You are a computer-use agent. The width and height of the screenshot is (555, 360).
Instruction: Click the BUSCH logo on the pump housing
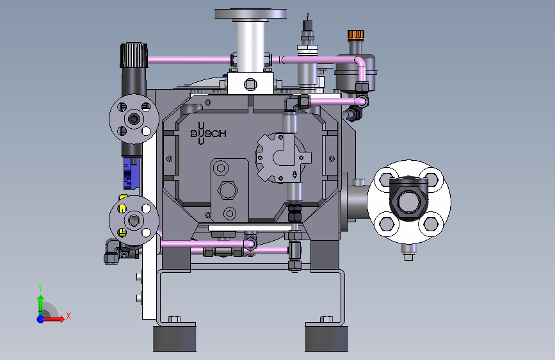tap(208, 134)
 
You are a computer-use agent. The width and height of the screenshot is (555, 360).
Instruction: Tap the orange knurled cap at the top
tap(356, 35)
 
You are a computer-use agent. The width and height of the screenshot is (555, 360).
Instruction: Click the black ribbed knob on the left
tap(134, 55)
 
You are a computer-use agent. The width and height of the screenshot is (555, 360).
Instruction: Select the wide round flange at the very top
tap(250, 14)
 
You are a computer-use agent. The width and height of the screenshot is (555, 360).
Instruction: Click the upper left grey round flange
tap(134, 119)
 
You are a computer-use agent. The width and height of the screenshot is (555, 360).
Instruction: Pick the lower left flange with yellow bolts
tap(134, 220)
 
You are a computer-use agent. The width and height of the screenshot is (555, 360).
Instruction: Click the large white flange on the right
tap(409, 202)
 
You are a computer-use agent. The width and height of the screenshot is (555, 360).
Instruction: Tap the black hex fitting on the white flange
tap(409, 199)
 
